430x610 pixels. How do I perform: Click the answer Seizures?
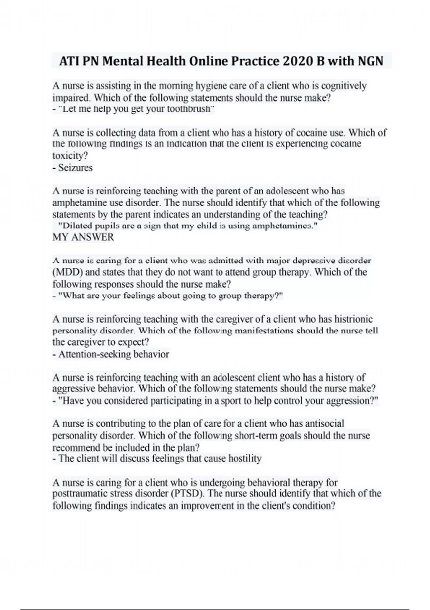75,168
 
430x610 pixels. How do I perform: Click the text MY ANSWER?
83,237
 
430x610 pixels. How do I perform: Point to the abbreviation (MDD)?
68,272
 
